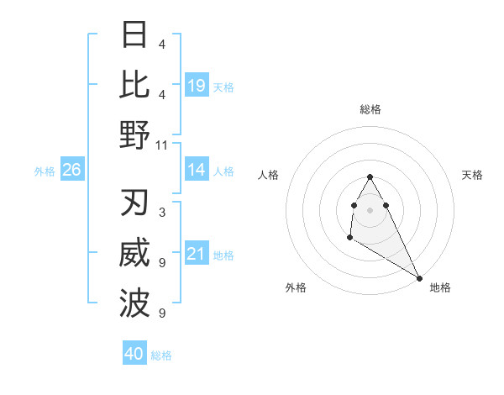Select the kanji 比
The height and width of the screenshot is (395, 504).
pyautogui.click(x=135, y=85)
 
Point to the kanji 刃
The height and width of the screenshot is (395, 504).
pyautogui.click(x=135, y=204)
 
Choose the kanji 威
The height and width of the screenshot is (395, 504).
pyautogui.click(x=135, y=255)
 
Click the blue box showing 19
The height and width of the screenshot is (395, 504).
pyautogui.click(x=197, y=86)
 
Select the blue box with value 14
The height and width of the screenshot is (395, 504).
pyautogui.click(x=197, y=171)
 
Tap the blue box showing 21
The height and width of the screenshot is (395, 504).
pyautogui.click(x=197, y=255)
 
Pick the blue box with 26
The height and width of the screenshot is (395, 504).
pyautogui.click(x=72, y=171)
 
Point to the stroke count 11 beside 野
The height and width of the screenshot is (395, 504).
pyautogui.click(x=162, y=145)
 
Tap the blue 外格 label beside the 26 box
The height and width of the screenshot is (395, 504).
pyautogui.click(x=45, y=171)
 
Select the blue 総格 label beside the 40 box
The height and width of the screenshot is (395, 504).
pyautogui.click(x=161, y=355)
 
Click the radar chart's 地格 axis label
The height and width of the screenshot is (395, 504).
pyautogui.click(x=440, y=287)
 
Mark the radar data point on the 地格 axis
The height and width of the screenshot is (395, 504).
pyautogui.click(x=420, y=278)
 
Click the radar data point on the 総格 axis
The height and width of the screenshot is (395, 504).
pyautogui.click(x=370, y=176)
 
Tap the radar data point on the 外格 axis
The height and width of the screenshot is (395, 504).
pyautogui.click(x=349, y=238)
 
